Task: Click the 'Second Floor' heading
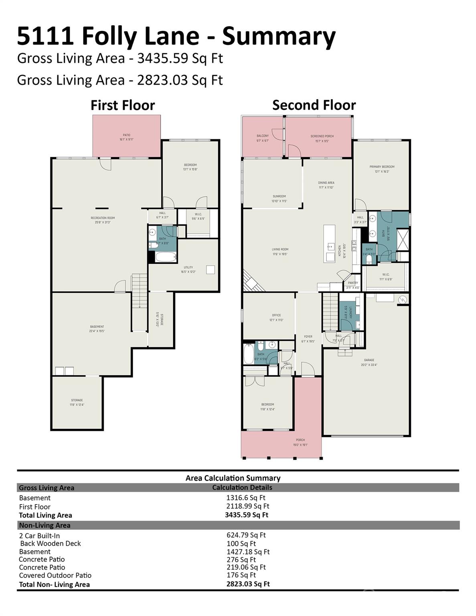click(x=314, y=105)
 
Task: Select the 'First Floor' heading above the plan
click(x=123, y=105)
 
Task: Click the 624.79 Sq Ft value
click(x=246, y=535)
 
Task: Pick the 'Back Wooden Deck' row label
click(x=51, y=543)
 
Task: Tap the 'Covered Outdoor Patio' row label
click(x=55, y=575)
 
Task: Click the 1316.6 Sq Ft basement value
click(x=246, y=498)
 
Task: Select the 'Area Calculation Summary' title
click(x=233, y=478)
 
